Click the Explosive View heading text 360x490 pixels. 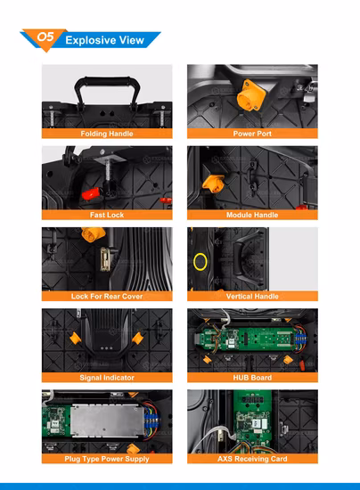(x=104, y=40)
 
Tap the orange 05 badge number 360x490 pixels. (x=45, y=37)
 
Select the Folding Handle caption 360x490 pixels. (x=107, y=134)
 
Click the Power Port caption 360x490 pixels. (x=252, y=134)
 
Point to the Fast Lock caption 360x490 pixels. (x=107, y=215)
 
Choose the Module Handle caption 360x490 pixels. (x=252, y=215)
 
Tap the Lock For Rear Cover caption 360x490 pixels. (x=107, y=297)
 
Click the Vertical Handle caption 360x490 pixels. (x=252, y=297)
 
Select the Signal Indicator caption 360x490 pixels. (x=107, y=378)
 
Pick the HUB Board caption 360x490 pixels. (x=252, y=378)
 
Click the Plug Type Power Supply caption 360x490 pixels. (x=107, y=459)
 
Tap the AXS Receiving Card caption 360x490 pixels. (x=252, y=459)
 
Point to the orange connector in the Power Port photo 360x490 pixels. (x=251, y=95)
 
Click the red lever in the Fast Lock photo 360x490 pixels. (x=91, y=193)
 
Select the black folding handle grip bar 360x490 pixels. (x=102, y=80)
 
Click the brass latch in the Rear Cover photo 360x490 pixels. (x=104, y=259)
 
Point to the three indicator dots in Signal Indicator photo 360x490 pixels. (x=106, y=347)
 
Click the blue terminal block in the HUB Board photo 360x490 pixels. (x=299, y=339)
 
